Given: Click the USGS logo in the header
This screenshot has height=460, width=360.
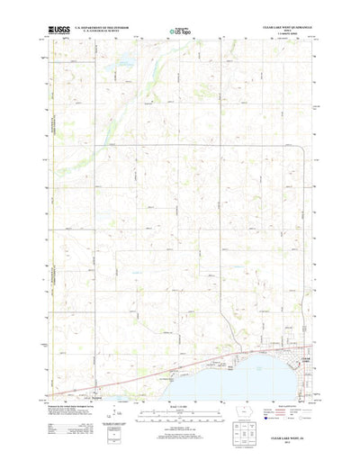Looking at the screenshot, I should click(x=65, y=30).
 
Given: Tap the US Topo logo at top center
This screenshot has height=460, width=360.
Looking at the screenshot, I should click(x=179, y=31).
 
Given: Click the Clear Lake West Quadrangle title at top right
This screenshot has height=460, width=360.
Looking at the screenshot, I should click(x=286, y=28).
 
